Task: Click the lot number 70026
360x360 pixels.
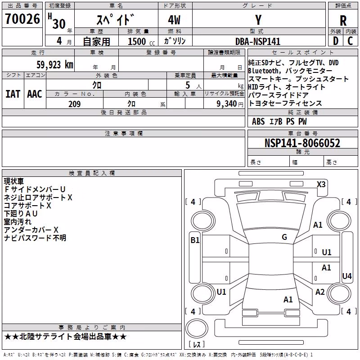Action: click(x=22, y=18)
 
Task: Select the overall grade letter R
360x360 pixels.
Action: click(x=343, y=21)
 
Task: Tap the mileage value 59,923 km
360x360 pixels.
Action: click(x=55, y=65)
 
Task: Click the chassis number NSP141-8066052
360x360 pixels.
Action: click(x=302, y=143)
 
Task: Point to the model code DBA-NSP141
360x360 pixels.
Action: click(x=258, y=41)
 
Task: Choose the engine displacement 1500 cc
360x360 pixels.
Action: click(x=141, y=41)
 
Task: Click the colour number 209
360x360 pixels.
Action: click(x=74, y=104)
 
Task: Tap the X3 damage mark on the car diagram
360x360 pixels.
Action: click(x=321, y=184)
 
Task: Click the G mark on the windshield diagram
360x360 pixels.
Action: click(x=284, y=237)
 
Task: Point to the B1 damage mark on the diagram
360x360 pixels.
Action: click(x=195, y=240)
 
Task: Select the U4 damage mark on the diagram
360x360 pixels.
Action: click(x=346, y=276)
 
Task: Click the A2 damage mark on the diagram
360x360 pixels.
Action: click(x=320, y=292)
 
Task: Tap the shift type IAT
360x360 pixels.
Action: click(x=13, y=94)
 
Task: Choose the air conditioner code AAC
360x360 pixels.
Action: click(x=35, y=94)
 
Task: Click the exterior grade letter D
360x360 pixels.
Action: click(x=336, y=41)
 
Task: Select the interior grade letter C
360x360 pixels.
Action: click(x=350, y=41)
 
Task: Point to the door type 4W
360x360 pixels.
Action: click(x=174, y=20)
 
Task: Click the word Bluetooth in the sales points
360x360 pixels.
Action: click(x=263, y=71)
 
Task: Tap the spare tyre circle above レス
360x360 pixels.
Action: click(x=197, y=328)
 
